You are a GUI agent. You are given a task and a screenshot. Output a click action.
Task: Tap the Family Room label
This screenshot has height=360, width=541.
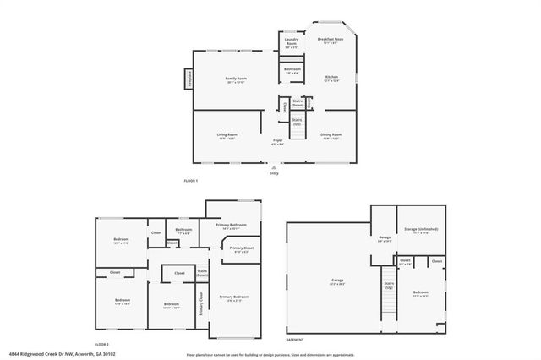click(x=235, y=79)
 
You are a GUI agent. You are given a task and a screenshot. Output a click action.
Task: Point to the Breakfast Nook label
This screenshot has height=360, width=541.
click(x=330, y=40)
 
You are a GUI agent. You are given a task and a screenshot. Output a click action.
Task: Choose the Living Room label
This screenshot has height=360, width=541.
click(x=227, y=135)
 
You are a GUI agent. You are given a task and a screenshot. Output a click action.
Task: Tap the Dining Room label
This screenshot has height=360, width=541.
click(x=331, y=135)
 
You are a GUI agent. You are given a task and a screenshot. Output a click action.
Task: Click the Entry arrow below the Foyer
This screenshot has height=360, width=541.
click(x=274, y=167)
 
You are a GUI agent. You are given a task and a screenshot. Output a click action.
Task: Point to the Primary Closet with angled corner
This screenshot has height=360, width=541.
click(x=239, y=249)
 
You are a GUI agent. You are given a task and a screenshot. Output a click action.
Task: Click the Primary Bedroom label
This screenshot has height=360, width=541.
click(x=234, y=297)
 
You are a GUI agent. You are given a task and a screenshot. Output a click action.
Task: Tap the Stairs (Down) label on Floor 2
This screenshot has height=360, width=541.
click(x=203, y=275)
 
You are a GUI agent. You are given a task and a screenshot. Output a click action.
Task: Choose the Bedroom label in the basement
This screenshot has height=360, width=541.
click(x=420, y=293)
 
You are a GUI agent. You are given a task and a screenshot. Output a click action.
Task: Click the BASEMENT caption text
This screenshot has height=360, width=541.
click(x=295, y=339)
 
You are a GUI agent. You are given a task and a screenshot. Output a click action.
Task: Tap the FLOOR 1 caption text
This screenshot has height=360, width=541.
click(x=190, y=181)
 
